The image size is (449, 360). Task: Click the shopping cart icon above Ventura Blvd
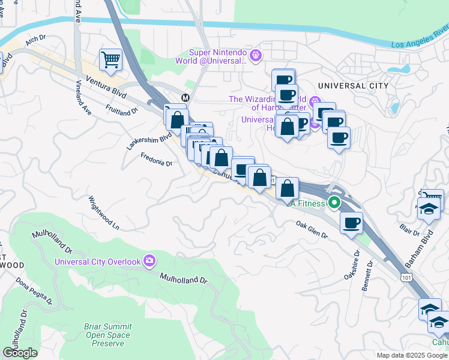110,59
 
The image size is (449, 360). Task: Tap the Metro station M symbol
185,98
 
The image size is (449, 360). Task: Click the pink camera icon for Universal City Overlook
149,261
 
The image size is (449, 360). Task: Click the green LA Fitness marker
333,203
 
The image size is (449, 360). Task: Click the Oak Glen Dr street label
312,230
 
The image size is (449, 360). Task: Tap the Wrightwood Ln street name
104,213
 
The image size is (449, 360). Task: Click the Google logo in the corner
20,353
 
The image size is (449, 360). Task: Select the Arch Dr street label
36,40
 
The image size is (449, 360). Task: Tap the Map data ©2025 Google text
411,355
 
